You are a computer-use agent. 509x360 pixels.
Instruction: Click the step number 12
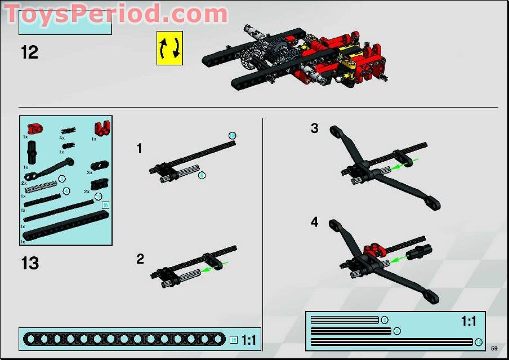[x=29, y=52]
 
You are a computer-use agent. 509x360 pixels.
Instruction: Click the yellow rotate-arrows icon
[x=169, y=48]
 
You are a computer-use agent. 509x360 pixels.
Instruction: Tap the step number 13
[x=30, y=263]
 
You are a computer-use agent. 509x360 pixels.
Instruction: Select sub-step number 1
[x=140, y=149]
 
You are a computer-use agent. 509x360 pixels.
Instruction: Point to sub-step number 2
[x=140, y=259]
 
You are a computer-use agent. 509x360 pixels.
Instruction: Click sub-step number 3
[x=314, y=128]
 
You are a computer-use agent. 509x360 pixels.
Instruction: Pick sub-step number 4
[x=314, y=223]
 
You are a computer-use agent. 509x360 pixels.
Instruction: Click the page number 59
[x=494, y=348]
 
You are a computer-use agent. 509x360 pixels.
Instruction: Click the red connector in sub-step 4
[x=372, y=250]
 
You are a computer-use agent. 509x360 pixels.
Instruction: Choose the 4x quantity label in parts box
[x=62, y=137]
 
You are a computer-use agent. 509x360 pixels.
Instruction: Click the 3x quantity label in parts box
[x=90, y=172]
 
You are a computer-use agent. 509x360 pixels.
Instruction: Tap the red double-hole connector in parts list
[x=102, y=128]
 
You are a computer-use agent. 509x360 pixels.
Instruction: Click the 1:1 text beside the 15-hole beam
[x=248, y=340]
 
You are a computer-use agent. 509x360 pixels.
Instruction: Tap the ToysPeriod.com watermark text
[x=115, y=14]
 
